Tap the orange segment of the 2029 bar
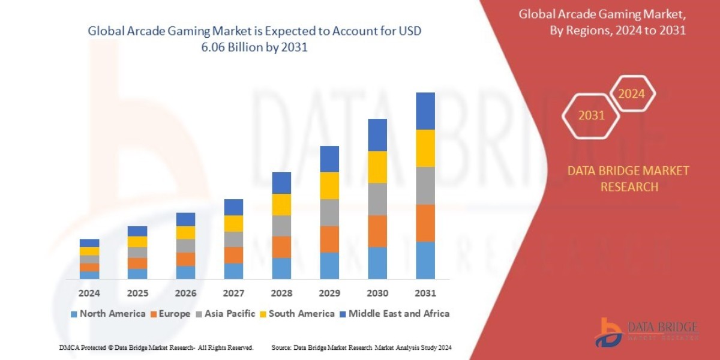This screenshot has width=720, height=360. tap(329, 239)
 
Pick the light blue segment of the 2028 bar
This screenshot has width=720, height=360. tap(281, 268)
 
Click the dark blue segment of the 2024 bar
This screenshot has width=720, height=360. tap(89, 243)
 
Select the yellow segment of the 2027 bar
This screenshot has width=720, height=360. tap(233, 223)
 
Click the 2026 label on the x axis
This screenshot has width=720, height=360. tap(185, 293)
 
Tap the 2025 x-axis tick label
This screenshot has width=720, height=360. tap(137, 293)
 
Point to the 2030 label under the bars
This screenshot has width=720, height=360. tap(377, 293)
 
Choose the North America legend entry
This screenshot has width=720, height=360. tap(108, 313)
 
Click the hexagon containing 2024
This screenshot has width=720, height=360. tap(631, 94)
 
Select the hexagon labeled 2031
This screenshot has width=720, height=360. tap(591, 115)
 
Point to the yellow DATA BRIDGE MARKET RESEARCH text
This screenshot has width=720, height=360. tap(628, 179)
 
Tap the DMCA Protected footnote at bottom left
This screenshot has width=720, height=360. tap(157, 347)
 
